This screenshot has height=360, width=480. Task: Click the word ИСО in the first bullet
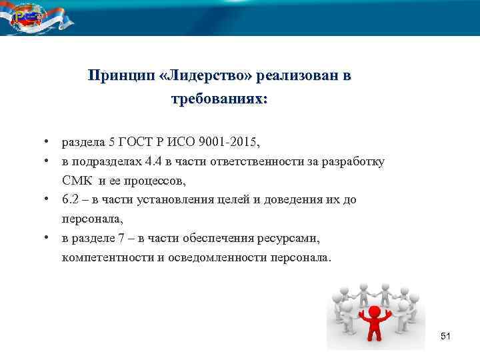click(177, 143)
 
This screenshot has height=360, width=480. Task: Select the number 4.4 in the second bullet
click(163, 162)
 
